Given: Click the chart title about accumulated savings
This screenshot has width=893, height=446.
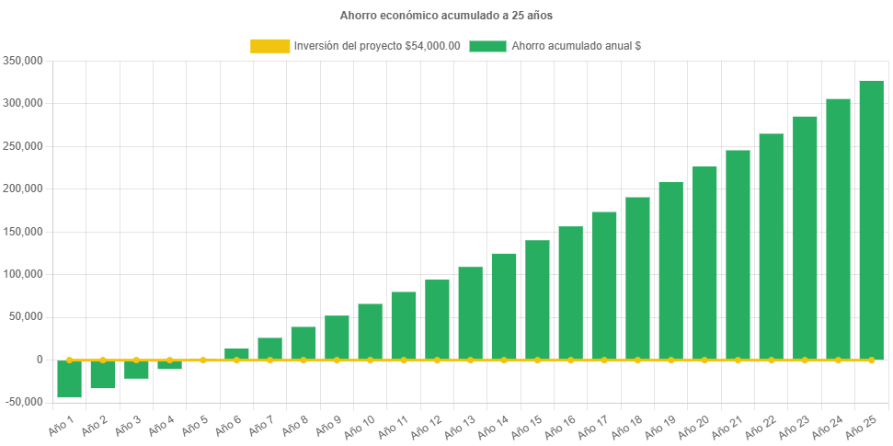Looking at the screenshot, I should [446, 16].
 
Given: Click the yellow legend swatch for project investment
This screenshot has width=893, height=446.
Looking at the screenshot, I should [269, 46].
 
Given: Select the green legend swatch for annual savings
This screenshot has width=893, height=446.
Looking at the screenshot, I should [487, 46].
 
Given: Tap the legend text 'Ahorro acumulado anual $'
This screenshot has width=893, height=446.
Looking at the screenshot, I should [576, 46].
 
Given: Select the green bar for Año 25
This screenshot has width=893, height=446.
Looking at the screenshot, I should [871, 220].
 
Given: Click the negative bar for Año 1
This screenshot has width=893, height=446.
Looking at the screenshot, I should [70, 379].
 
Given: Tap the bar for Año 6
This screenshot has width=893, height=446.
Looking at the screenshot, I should [236, 353].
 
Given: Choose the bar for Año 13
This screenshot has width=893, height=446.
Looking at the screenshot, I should [470, 313].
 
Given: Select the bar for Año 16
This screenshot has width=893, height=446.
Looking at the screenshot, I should [570, 292].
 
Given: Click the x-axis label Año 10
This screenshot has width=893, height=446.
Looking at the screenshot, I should [361, 424].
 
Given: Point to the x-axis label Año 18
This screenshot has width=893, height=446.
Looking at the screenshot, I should [627, 424].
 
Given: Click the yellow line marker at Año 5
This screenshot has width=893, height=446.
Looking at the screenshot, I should [203, 360].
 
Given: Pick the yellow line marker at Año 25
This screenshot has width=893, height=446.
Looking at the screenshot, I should [871, 360].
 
